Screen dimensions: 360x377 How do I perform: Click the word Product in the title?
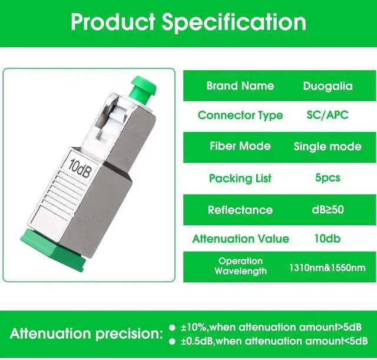(112, 22)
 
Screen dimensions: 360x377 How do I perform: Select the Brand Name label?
(240, 86)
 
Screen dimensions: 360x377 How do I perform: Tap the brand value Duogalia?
(328, 86)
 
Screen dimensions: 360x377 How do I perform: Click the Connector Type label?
(240, 115)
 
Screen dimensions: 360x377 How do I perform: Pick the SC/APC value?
(328, 115)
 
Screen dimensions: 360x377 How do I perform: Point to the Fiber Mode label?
(240, 146)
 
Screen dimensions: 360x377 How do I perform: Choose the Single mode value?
(328, 147)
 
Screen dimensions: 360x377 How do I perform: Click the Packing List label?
(240, 178)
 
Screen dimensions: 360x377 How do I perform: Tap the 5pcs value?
(328, 177)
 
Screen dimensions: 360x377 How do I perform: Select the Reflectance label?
(240, 210)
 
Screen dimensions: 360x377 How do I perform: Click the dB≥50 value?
(328, 209)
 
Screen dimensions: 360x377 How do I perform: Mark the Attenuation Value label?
(240, 239)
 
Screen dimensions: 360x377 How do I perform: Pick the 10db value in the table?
(328, 239)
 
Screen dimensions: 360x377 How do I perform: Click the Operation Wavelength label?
(240, 266)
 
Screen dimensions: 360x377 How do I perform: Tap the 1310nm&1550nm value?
(327, 268)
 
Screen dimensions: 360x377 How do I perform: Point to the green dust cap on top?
(137, 94)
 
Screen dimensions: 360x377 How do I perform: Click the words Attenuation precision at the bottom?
(86, 334)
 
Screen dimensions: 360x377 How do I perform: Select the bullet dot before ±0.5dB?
(172, 341)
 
